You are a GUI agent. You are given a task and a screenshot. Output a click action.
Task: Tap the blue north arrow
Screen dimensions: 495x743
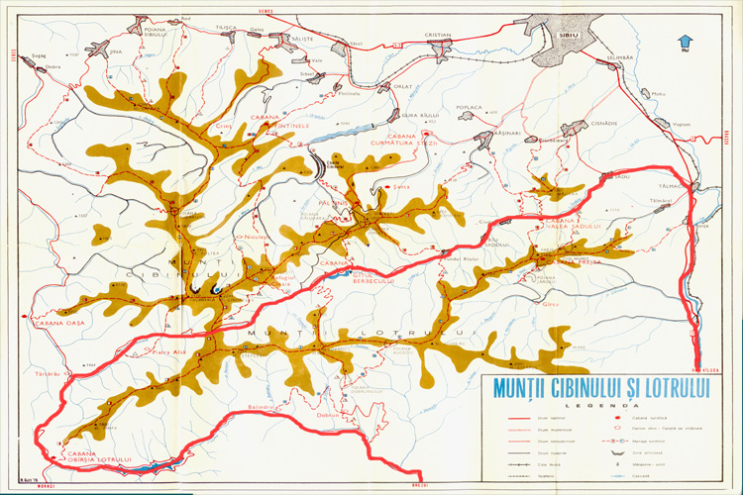coord(684,43)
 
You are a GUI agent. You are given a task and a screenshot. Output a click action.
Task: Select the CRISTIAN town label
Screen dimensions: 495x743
coord(437,35)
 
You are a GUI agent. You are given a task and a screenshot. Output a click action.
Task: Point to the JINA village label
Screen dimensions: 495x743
coord(116,49)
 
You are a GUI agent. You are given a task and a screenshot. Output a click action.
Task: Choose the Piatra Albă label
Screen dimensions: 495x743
coord(168,351)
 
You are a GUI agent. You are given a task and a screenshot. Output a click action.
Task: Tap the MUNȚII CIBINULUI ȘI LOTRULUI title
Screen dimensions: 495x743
coord(602,387)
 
